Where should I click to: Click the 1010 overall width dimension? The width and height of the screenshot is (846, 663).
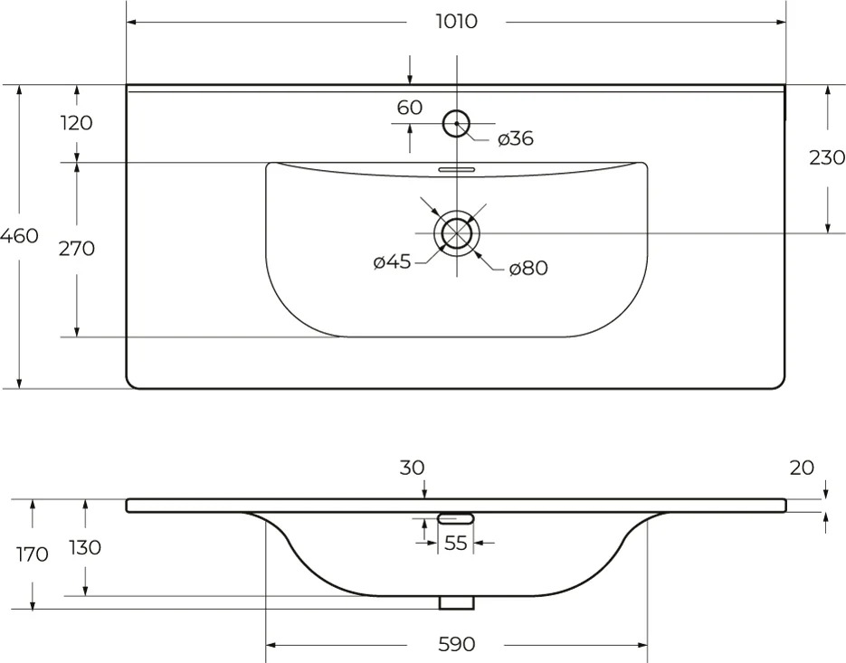click(x=456, y=22)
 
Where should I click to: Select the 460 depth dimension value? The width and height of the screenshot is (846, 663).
click(x=19, y=236)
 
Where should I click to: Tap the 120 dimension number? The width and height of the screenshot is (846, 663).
click(x=77, y=123)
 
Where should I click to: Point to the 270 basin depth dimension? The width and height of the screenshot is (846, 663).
click(x=77, y=249)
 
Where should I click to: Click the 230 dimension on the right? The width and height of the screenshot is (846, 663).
click(x=827, y=157)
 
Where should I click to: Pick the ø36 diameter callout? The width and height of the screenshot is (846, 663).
click(x=516, y=138)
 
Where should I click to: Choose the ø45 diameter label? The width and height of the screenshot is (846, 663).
click(x=393, y=262)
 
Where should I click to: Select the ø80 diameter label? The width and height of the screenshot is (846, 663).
click(x=528, y=268)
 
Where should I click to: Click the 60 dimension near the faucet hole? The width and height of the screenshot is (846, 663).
click(x=410, y=108)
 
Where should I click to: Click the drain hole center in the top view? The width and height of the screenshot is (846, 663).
click(x=457, y=233)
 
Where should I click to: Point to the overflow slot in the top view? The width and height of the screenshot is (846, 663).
click(x=456, y=169)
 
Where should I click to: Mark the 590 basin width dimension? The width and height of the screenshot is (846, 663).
click(x=456, y=644)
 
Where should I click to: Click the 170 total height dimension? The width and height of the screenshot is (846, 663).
click(x=33, y=554)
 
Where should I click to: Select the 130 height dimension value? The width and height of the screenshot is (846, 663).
click(x=85, y=547)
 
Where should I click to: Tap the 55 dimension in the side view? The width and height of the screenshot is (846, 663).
click(x=455, y=544)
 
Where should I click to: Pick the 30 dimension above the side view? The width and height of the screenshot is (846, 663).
click(x=413, y=468)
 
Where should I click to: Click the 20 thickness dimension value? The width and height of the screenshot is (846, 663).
click(x=802, y=468)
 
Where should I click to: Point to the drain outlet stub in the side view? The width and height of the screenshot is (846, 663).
click(x=456, y=602)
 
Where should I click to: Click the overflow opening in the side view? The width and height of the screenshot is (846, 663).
click(x=456, y=519)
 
